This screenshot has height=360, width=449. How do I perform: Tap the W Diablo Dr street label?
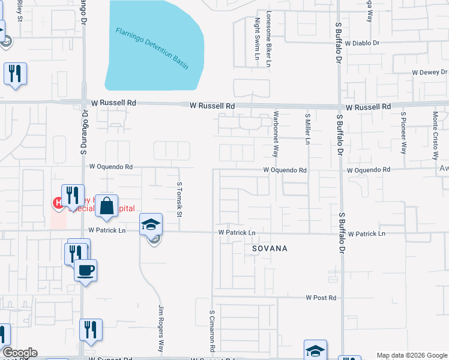[363, 43]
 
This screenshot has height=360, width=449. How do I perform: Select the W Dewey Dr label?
[429, 73]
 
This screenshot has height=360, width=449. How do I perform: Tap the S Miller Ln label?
[307, 129]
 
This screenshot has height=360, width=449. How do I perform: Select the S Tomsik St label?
[179, 200]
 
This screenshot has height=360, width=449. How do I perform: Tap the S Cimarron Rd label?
[212, 331]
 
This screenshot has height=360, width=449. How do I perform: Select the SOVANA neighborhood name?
[269, 248]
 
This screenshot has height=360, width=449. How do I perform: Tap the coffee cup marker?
[85, 270]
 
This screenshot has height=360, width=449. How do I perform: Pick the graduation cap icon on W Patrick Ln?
[151, 224]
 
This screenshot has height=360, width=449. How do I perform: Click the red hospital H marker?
[58, 203]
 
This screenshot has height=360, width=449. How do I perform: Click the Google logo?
[20, 353]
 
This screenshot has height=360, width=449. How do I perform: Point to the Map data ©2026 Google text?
[411, 355]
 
